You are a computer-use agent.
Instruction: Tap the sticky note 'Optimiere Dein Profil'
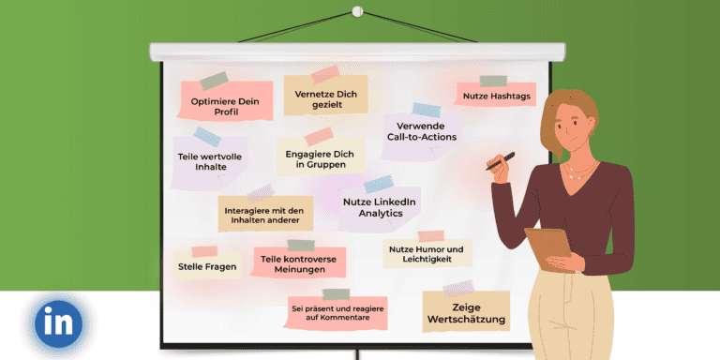coord(226,104)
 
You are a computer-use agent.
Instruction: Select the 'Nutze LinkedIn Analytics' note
coord(380,207)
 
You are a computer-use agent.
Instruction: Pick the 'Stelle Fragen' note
coord(207,266)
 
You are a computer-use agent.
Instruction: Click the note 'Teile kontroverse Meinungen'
coord(299,264)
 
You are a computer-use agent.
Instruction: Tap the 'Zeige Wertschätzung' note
coord(466,313)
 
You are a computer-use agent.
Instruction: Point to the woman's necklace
coord(576,173)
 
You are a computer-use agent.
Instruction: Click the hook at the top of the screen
coord(357,11)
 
